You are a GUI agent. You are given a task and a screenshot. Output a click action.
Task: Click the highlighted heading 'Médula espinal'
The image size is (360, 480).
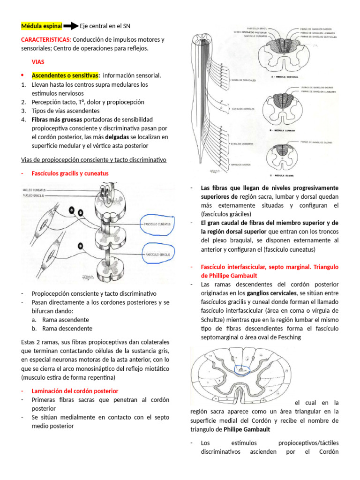(42, 26)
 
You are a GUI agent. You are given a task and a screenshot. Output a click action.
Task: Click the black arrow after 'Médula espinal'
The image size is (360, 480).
(71, 26)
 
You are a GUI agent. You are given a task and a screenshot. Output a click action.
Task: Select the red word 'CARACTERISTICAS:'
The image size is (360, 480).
(46, 39)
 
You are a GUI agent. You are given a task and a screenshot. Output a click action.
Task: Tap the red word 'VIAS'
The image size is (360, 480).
(38, 61)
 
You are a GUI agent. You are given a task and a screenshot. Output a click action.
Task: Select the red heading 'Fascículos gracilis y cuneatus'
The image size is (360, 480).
(70, 173)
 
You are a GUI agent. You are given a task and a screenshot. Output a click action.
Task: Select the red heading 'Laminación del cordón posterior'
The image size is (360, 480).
(75, 391)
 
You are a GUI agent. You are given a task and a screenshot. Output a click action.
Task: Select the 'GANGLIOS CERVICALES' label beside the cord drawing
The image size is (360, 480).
(243, 80)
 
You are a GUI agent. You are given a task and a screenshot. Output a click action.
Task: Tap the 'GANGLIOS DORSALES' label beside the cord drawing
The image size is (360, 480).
(242, 108)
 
